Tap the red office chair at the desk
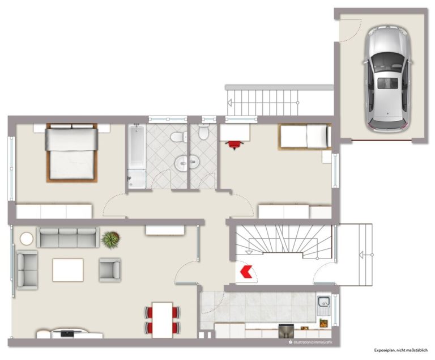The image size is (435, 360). pos(234,145)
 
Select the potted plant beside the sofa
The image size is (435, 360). pos(110,239)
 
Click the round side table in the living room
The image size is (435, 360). pos(27,239)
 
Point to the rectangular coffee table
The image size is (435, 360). pos(68,270)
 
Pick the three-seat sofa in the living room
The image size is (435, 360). pos(68,238)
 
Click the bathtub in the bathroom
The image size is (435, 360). pos(137,157)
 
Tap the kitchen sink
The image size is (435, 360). pos(323,306)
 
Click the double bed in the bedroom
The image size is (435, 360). pos(72,153)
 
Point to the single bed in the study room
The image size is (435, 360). pos(305,137)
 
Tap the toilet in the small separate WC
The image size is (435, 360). pos(204,132)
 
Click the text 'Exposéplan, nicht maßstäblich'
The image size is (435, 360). pos(401,350)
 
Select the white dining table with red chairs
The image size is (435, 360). pos(163,320)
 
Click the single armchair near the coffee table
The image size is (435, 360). pos(110,268)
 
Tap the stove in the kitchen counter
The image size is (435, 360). pos(285,331)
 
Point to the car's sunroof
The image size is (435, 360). pos(388,83)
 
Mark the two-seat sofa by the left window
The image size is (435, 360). pos(27,270)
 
